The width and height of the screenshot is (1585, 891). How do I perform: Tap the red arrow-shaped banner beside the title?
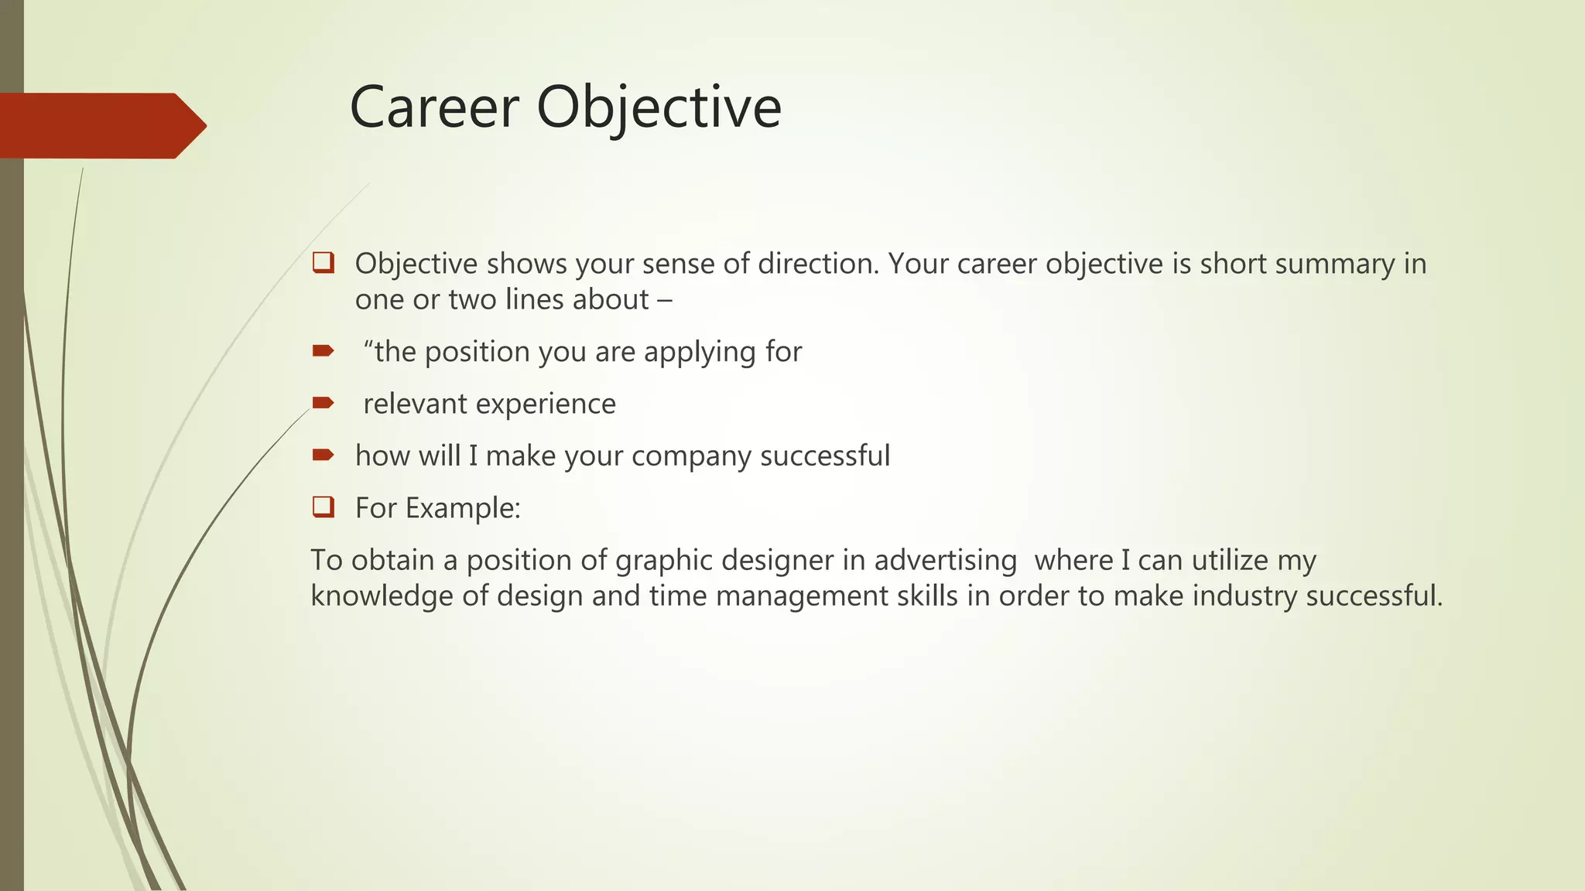tap(101, 125)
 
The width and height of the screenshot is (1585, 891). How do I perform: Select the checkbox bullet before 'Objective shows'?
tap(323, 263)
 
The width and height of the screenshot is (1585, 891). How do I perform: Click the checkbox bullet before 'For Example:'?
tap(323, 507)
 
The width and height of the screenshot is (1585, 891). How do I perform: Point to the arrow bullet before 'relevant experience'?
tap(323, 403)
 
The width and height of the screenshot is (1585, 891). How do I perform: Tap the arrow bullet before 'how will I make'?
tap(323, 455)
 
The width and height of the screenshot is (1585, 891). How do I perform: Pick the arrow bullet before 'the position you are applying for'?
tap(323, 351)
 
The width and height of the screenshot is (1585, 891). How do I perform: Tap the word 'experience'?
tap(546, 404)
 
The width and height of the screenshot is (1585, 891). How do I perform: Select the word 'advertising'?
tap(945, 561)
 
